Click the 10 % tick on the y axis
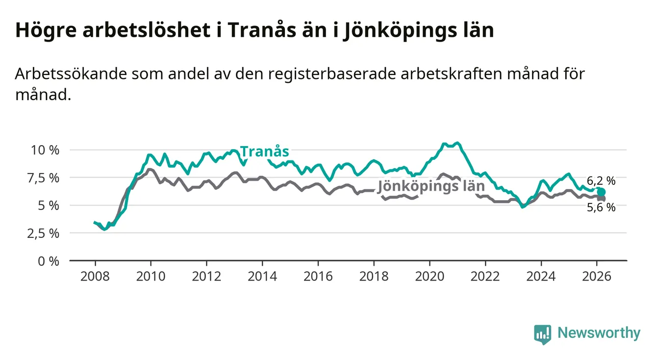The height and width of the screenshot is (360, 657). click(45, 150)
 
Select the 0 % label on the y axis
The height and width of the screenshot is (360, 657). click(49, 261)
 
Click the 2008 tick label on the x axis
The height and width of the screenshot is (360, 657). click(95, 276)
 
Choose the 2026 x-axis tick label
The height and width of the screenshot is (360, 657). click(597, 276)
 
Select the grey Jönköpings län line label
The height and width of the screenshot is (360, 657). click(431, 186)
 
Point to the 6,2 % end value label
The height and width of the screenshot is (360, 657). click(601, 181)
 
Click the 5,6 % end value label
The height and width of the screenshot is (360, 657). click(601, 207)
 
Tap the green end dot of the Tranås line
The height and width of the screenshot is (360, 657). click(601, 192)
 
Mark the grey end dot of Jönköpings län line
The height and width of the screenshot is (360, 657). click(601, 198)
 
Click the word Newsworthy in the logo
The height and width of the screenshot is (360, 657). click(599, 333)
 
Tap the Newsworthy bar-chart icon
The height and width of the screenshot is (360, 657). click(542, 334)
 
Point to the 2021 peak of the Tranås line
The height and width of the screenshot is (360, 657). click(457, 143)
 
